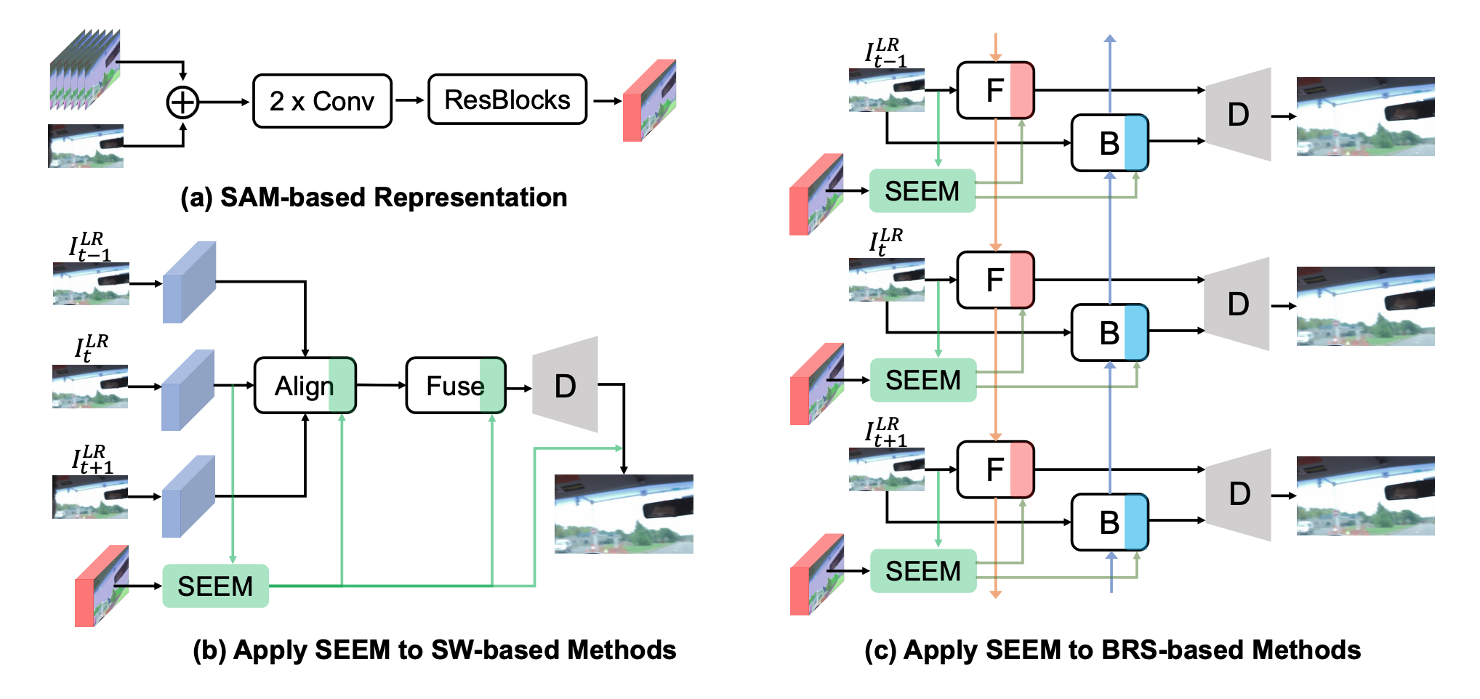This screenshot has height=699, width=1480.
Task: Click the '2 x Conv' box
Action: (322, 101)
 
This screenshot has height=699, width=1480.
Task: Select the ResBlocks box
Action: (507, 100)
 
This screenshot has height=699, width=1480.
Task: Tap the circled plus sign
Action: (182, 102)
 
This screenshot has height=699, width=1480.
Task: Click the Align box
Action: (305, 386)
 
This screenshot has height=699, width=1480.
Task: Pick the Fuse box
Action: (455, 386)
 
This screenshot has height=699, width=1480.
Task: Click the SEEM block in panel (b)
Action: (215, 586)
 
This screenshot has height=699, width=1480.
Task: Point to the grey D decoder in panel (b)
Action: (566, 385)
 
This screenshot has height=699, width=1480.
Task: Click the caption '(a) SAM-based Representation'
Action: (374, 198)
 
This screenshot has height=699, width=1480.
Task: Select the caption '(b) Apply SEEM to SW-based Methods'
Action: (434, 650)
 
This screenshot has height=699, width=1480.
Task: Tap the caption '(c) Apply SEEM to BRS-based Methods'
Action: (1112, 650)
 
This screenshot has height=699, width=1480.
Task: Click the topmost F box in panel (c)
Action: (995, 90)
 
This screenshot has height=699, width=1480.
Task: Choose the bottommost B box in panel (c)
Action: (1109, 522)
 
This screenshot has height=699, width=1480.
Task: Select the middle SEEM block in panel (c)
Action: (922, 380)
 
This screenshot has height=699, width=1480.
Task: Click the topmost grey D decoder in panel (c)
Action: (1239, 114)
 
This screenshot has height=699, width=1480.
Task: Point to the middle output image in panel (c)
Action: (1365, 306)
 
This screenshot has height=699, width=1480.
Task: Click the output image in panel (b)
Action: (624, 514)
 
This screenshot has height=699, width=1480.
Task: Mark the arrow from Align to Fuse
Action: (381, 385)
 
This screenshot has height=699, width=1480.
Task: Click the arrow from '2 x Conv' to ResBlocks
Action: (409, 100)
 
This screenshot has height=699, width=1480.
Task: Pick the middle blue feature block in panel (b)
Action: (188, 390)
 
